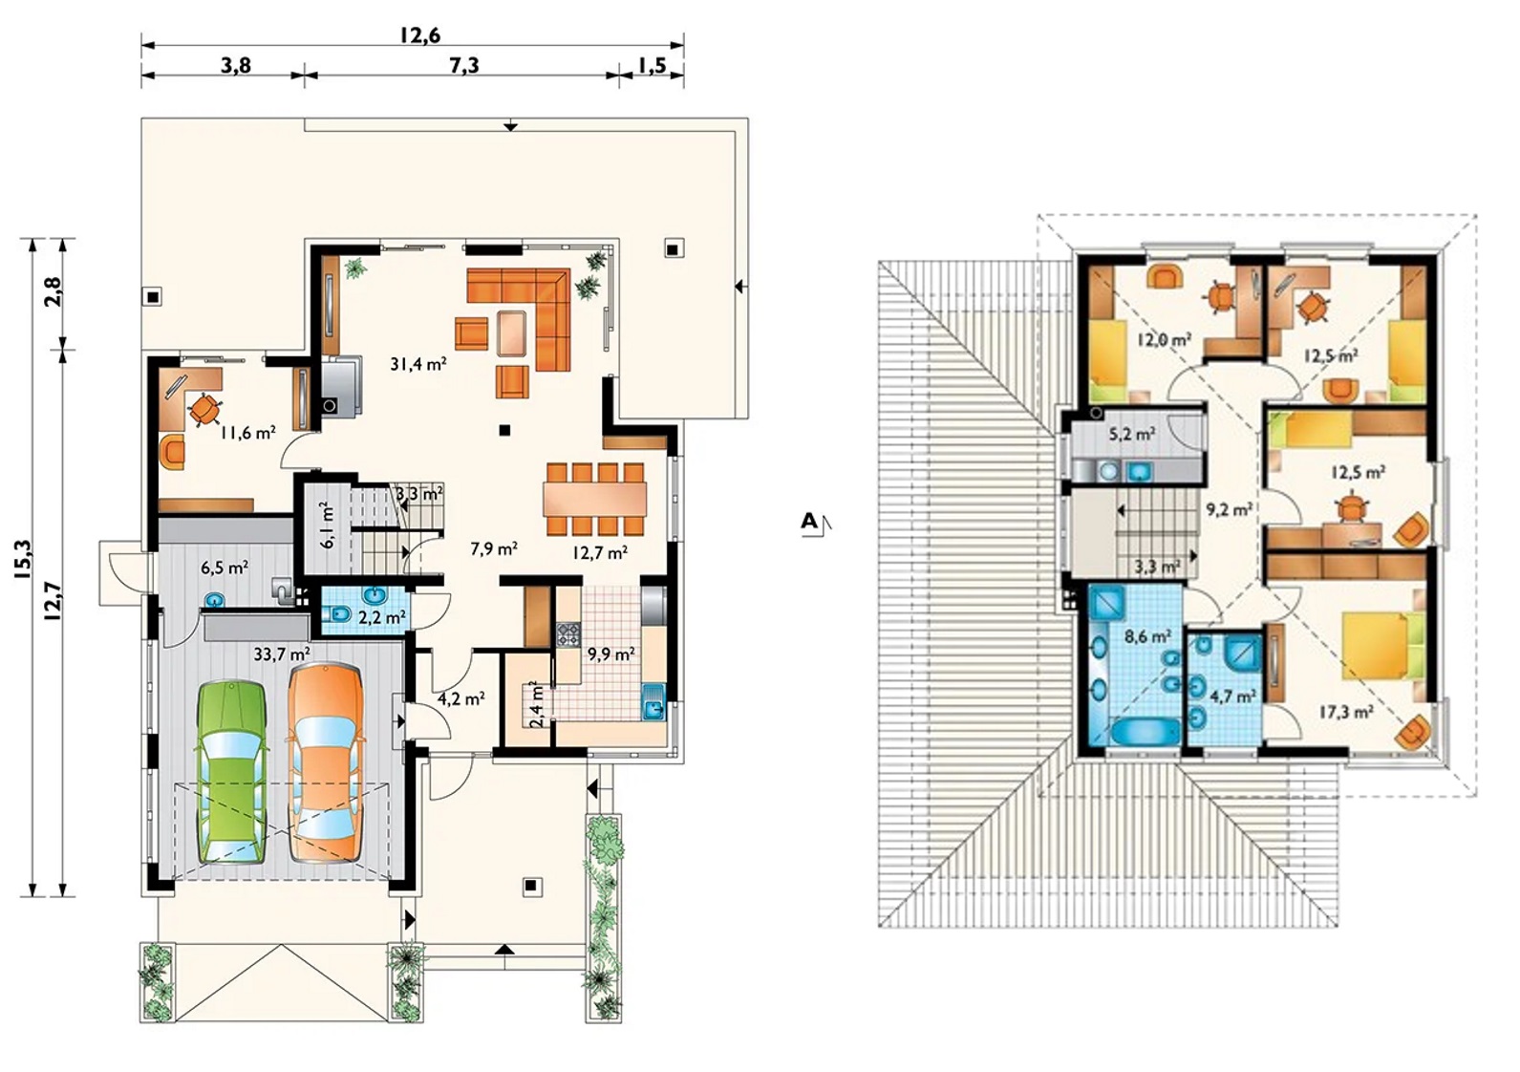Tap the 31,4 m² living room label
(x=418, y=364)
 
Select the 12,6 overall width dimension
(x=419, y=34)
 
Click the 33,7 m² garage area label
(x=282, y=654)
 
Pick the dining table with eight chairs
(x=594, y=500)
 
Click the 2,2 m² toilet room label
(x=383, y=617)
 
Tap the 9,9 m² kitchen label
(x=611, y=654)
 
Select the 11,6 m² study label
(x=247, y=432)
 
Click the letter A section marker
(x=809, y=521)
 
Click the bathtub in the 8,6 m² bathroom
(x=1145, y=734)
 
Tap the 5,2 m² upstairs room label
(x=1132, y=434)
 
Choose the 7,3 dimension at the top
(x=464, y=65)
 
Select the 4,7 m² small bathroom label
(x=1232, y=697)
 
